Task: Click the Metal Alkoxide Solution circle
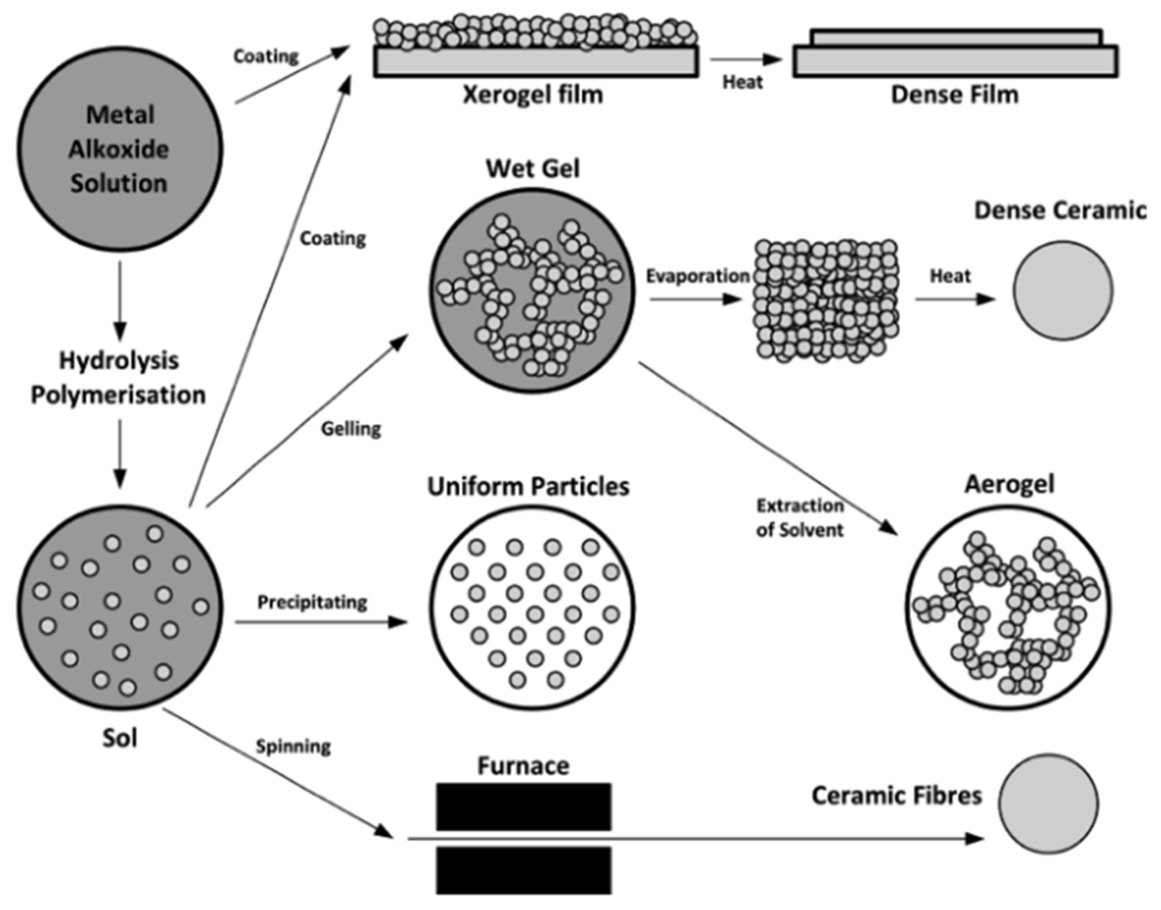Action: (119, 149)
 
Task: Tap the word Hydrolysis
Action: (119, 360)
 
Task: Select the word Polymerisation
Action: (118, 395)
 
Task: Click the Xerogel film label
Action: (533, 94)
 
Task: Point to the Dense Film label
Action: (954, 94)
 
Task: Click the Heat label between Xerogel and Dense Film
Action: (743, 82)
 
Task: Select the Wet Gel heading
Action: (533, 168)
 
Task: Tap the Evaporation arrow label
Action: (697, 276)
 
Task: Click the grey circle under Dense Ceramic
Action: (1062, 290)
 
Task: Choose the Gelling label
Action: (351, 428)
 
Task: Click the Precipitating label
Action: (312, 602)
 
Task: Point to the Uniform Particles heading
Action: (528, 487)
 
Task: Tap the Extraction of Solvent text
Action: (799, 518)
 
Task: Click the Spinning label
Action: (293, 746)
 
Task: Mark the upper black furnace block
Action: (523, 806)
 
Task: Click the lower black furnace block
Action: (523, 870)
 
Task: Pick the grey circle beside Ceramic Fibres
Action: (1047, 804)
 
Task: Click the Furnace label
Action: (523, 766)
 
